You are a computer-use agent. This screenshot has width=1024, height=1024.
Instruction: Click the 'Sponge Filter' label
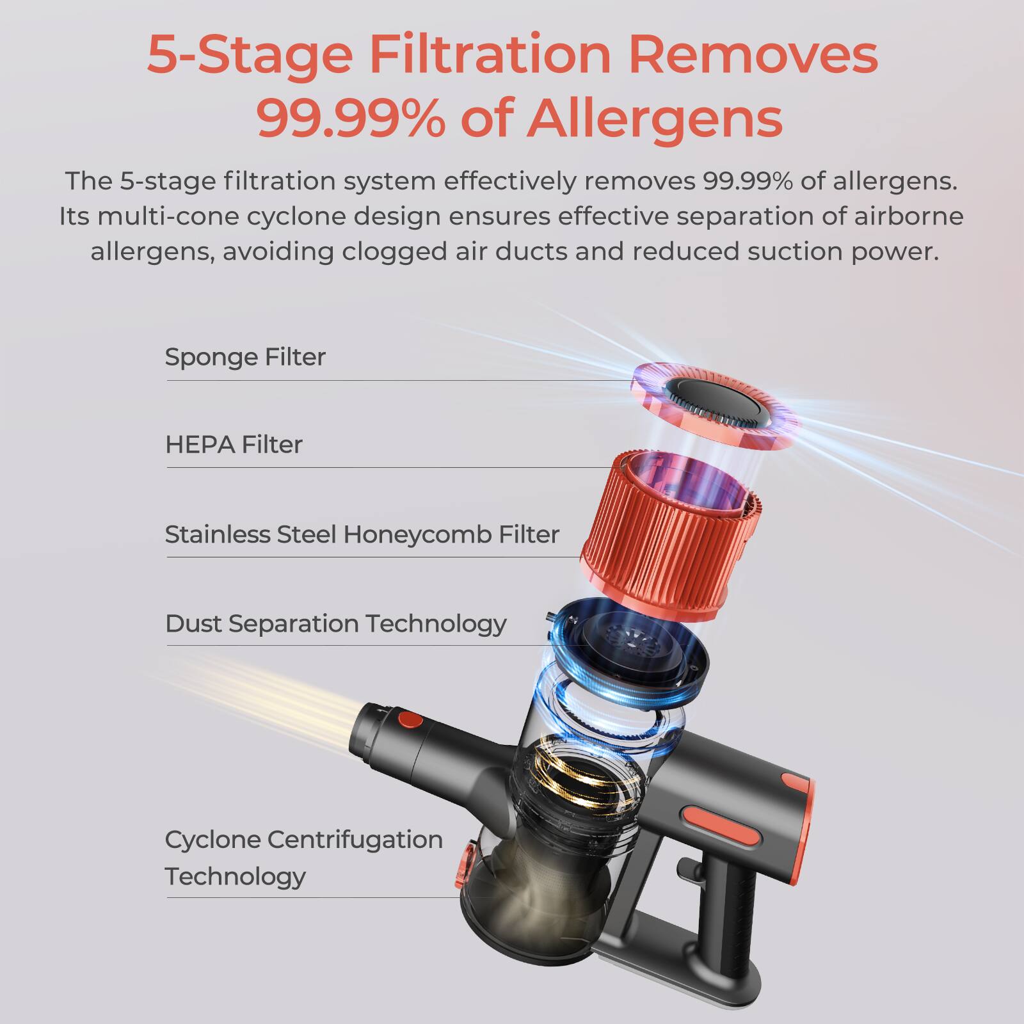(245, 357)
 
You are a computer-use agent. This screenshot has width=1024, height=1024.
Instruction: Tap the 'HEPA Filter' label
(234, 445)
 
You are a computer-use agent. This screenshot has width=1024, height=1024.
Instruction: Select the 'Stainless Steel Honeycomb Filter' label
(362, 534)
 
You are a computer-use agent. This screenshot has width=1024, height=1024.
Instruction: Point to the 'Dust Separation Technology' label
(335, 623)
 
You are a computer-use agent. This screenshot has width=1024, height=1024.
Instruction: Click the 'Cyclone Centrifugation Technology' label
(303, 857)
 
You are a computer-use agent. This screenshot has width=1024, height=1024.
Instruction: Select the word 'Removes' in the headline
(753, 55)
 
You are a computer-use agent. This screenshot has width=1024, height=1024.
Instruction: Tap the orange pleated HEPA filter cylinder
(669, 531)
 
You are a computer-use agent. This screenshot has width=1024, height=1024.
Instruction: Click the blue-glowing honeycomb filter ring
(630, 646)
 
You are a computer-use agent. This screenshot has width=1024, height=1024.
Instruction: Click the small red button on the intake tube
(410, 720)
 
